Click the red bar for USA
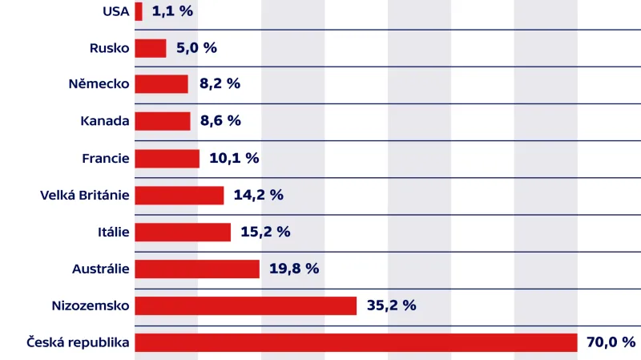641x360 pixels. coord(139,11)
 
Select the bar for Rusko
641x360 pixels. coord(151,48)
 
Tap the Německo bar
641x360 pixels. coord(161,84)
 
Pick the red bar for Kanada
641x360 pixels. coord(163,121)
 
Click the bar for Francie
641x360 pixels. coord(167,159)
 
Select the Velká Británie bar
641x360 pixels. coord(179,195)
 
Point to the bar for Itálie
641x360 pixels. coord(183,232)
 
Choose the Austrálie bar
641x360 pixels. coord(197,269)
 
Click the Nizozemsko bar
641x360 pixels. coord(245,305)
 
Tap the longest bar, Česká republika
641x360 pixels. coord(356,342)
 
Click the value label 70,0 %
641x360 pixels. coord(611,342)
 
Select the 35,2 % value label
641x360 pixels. coord(391,305)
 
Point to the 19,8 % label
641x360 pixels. coord(294,269)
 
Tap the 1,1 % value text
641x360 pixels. coord(172,11)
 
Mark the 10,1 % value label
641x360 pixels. coord(234,159)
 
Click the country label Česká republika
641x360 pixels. coord(77,342)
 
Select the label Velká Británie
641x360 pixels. coord(84,195)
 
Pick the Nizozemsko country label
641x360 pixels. coord(90,305)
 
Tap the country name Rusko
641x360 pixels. coord(110,48)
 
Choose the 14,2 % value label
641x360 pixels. coord(258,195)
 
